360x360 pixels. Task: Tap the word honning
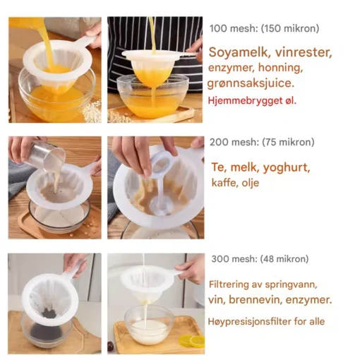pos(280,68)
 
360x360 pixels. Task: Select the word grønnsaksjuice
pos(251,83)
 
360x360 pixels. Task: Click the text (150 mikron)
pos(290,28)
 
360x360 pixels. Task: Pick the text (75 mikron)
pos(288,142)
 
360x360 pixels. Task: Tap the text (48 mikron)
pos(284,259)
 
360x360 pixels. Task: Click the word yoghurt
pos(287,168)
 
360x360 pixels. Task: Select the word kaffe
pos(223,183)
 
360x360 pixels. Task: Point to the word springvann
pos(291,285)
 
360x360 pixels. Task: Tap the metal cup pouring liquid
pos(44,154)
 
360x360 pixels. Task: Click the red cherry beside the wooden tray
pos(112,345)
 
